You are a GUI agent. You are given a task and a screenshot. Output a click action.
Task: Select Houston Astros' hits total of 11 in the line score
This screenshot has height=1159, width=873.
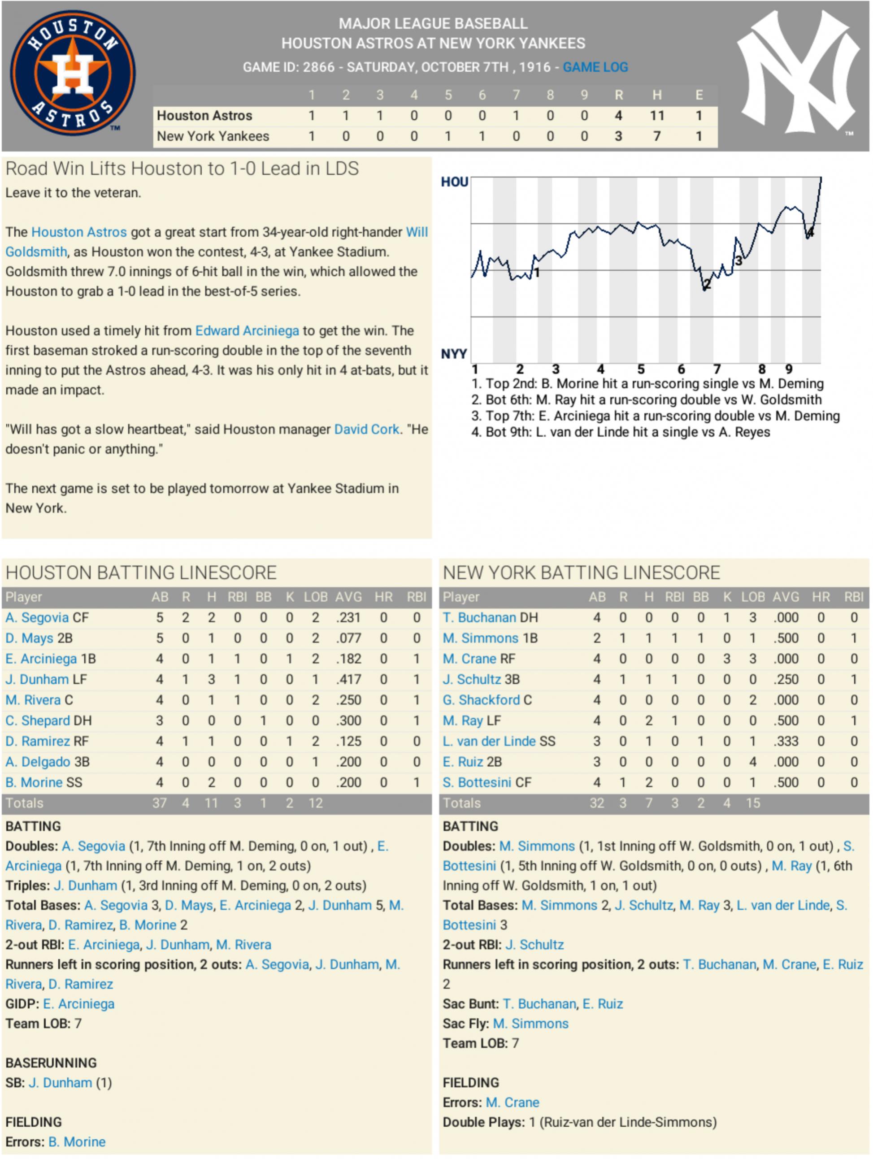[x=657, y=115]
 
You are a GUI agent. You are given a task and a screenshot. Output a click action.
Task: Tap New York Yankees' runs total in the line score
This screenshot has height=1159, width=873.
[x=618, y=136]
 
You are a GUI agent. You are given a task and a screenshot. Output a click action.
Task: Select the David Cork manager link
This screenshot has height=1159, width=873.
[x=366, y=429]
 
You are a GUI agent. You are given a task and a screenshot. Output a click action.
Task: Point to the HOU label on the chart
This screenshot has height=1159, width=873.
[x=454, y=182]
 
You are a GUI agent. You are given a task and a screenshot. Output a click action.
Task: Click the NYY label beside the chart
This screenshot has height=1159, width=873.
[x=453, y=354]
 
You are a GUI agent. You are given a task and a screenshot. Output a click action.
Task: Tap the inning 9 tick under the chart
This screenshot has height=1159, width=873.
[x=789, y=369]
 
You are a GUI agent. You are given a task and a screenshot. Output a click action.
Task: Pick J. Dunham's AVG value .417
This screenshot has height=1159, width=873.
[x=348, y=679]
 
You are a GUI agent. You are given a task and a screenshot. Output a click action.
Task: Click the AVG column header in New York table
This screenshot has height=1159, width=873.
[x=786, y=597]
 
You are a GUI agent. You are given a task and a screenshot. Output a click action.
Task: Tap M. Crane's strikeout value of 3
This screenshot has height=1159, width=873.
[x=726, y=659]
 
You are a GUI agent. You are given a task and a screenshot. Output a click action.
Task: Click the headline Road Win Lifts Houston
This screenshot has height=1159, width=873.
[x=182, y=169]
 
